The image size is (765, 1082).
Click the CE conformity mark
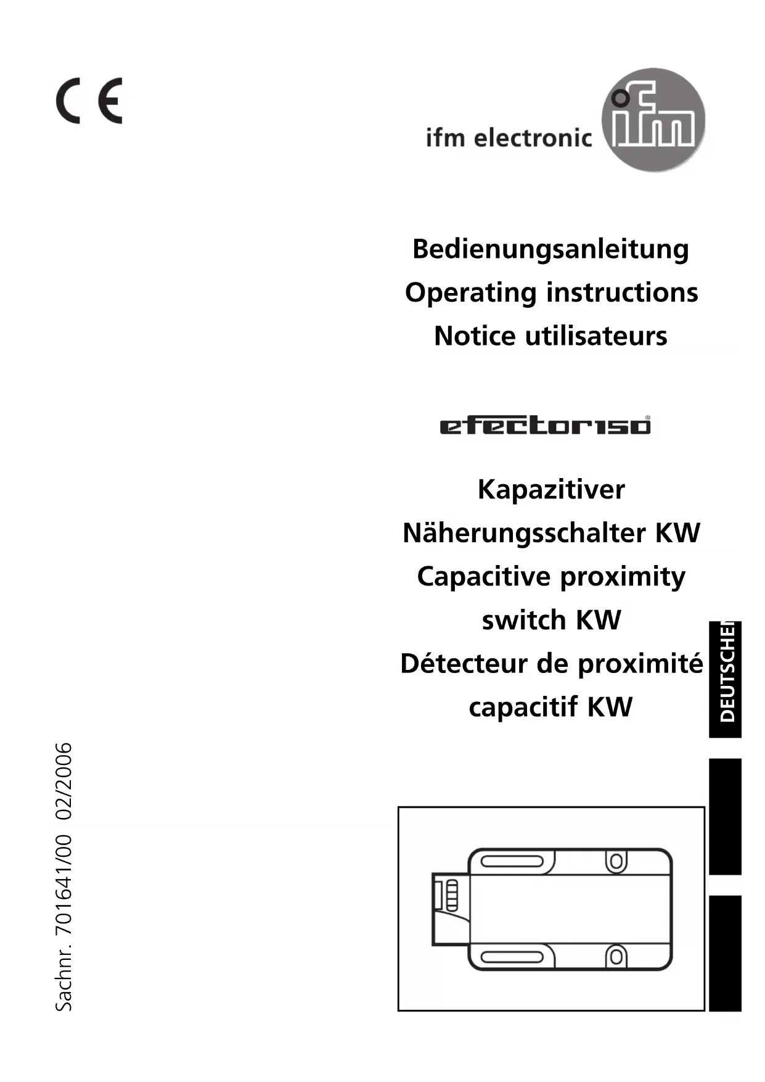(89, 101)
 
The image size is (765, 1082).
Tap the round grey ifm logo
(653, 120)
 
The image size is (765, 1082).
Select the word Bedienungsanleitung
(550, 249)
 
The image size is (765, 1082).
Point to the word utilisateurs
(595, 336)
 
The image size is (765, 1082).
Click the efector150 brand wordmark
(545, 426)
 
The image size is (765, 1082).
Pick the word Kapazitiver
(551, 490)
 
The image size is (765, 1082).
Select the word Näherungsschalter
(525, 533)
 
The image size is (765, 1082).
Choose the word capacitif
(523, 707)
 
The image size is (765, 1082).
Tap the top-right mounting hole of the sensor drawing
(616, 861)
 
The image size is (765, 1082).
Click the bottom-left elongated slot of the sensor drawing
(512, 957)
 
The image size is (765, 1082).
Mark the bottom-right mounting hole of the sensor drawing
(616, 957)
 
